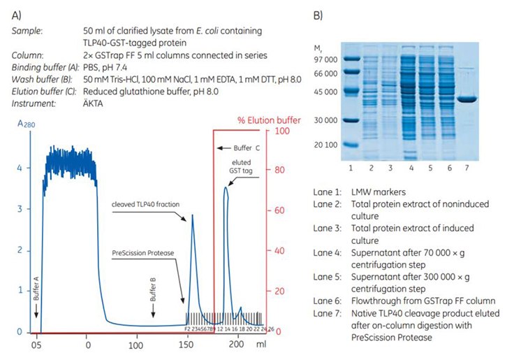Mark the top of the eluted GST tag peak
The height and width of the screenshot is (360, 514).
[226, 187]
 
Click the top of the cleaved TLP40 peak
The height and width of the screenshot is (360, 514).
[193, 215]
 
